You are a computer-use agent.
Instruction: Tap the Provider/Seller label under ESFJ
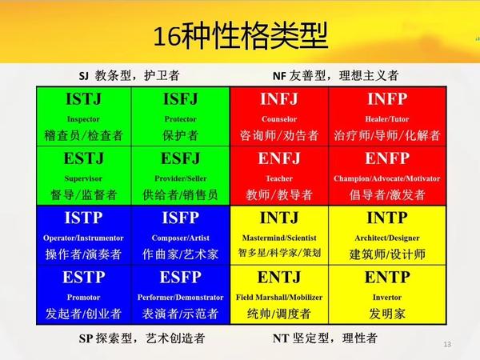coord(181,178)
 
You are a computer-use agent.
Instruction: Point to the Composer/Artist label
coord(181,238)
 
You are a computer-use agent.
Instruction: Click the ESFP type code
coord(181,278)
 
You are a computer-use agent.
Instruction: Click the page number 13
coord(447,344)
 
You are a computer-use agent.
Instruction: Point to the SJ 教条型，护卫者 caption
coord(128,76)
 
